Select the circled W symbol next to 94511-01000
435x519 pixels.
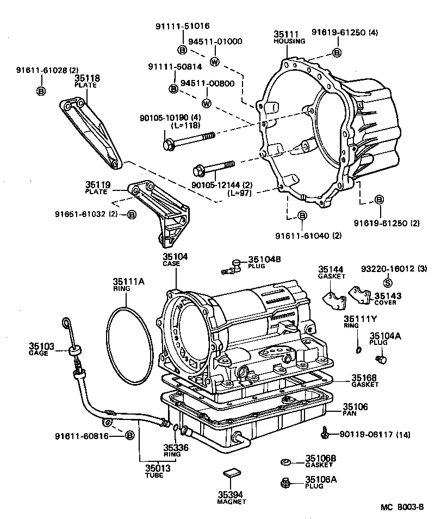click(x=214, y=61)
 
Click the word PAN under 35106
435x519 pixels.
click(x=350, y=413)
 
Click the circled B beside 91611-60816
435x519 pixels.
click(x=129, y=436)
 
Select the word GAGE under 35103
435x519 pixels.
click(x=39, y=353)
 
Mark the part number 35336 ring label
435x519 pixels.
click(x=175, y=447)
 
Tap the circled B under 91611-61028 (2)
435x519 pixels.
click(x=40, y=91)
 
